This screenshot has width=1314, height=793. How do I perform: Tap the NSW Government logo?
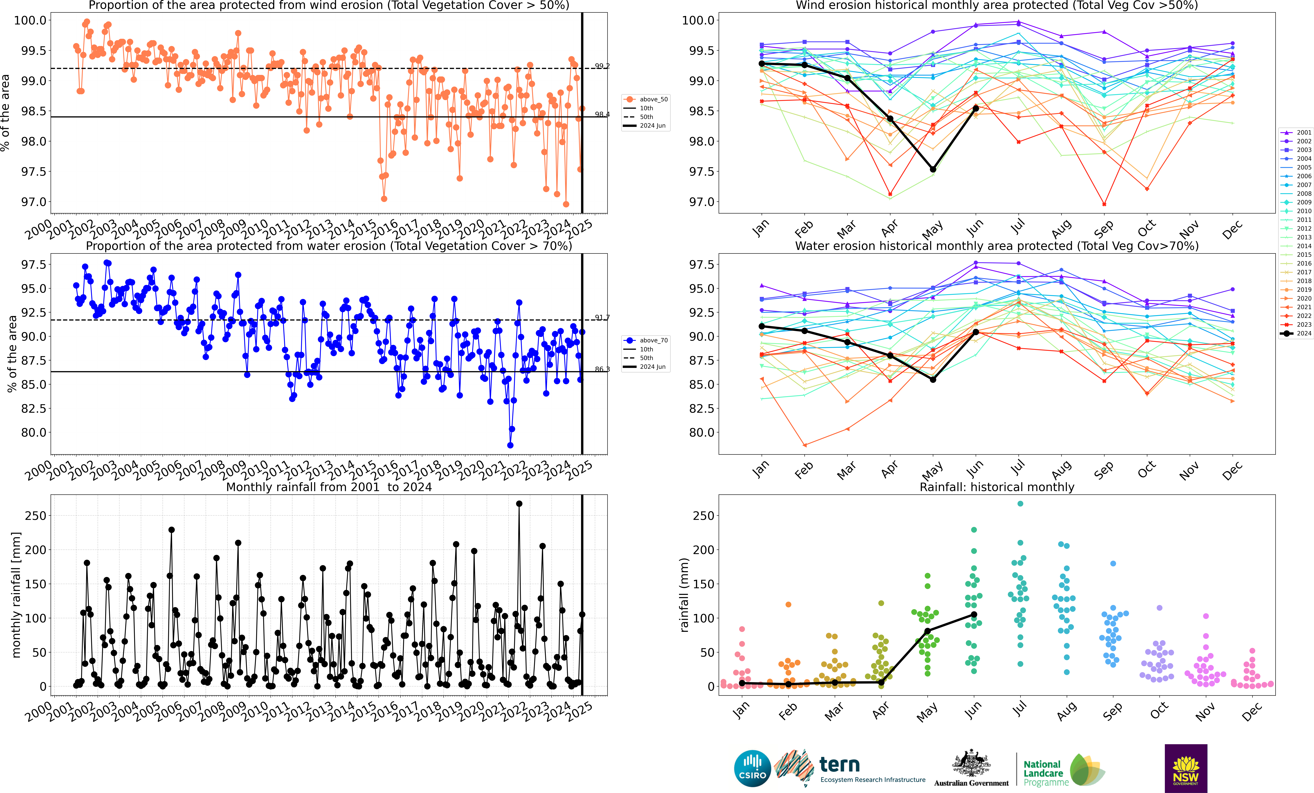point(1185,768)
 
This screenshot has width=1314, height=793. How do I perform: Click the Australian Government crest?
point(971,764)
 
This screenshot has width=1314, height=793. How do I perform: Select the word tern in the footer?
point(839,765)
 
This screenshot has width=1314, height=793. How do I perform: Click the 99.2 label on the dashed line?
point(602,66)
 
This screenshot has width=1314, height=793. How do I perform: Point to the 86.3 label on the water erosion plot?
point(602,369)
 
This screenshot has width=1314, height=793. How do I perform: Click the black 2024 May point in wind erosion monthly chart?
point(933,169)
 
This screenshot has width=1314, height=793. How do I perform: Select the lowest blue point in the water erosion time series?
point(510,445)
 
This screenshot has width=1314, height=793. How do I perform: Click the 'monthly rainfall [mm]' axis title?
point(16,595)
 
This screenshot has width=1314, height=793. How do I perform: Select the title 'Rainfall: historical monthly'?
point(997,487)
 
